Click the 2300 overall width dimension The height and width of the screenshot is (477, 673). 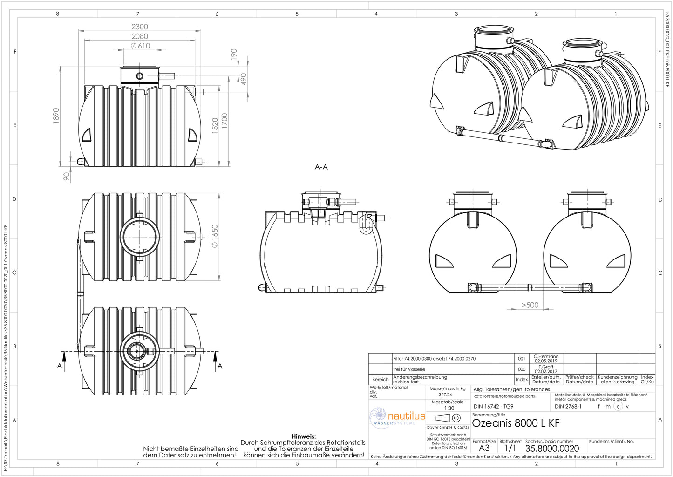[140, 27]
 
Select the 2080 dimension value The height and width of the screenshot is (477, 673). [140, 36]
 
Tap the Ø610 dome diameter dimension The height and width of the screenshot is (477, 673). [141, 46]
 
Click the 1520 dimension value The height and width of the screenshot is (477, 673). [215, 126]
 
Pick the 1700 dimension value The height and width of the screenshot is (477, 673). [224, 122]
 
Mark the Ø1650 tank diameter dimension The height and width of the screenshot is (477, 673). [215, 236]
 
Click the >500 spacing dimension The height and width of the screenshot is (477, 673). [530, 305]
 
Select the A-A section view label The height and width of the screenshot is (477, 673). [321, 167]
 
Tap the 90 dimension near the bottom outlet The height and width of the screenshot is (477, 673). [67, 176]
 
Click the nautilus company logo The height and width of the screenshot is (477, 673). [398, 417]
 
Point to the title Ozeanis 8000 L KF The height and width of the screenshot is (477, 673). [516, 423]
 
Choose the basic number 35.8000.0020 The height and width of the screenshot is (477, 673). [552, 449]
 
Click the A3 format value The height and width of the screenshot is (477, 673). [484, 448]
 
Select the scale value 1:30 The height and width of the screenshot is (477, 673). [449, 408]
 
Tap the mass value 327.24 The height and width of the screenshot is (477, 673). [445, 395]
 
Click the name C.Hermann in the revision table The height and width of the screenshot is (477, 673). [546, 356]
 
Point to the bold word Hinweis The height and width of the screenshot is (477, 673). [304, 436]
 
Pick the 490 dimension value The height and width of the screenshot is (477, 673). [243, 79]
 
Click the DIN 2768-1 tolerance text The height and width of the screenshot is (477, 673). [568, 406]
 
